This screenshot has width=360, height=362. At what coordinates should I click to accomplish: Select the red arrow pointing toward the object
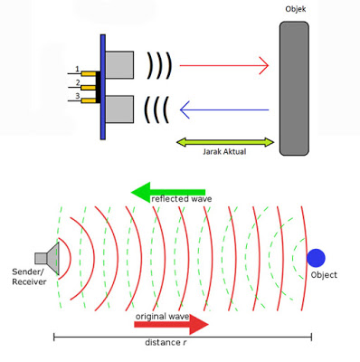tap(225, 65)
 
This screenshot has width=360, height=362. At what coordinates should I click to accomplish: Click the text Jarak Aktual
tap(224, 153)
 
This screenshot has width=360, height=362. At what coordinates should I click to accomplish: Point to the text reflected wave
tap(180, 199)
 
